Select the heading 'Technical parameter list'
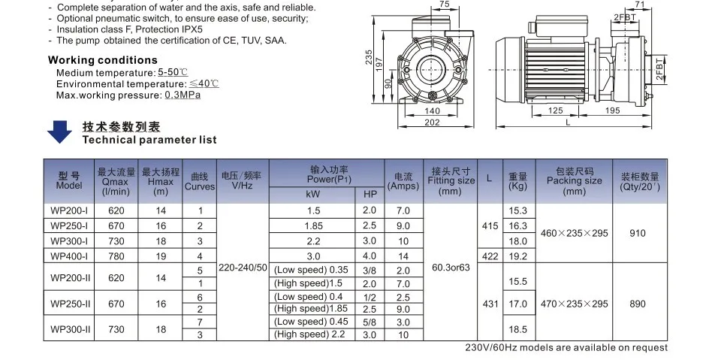(149, 140)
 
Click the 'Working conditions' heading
(103, 60)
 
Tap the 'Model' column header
(68, 181)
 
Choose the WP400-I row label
(69, 256)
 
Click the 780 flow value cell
(116, 256)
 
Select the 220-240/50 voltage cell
(242, 268)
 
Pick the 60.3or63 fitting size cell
(451, 268)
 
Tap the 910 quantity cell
(637, 233)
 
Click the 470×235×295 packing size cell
(574, 304)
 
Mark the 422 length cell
(489, 256)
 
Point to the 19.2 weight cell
(518, 256)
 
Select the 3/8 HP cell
(370, 270)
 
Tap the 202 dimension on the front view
(432, 123)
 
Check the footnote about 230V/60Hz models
(566, 347)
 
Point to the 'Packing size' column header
(574, 181)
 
